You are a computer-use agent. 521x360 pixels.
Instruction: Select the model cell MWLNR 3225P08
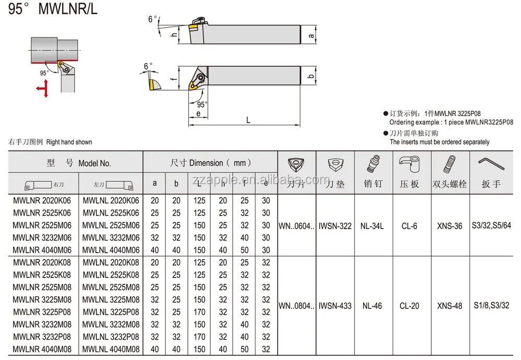pyautogui.click(x=42, y=312)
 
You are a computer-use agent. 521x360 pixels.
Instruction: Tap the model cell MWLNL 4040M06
pyautogui.click(x=111, y=250)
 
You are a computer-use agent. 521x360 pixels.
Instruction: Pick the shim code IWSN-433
pyautogui.click(x=335, y=306)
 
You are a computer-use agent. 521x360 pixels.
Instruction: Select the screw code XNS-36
pyautogui.click(x=450, y=226)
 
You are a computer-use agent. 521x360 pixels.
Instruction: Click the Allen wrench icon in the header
pyautogui.click(x=491, y=164)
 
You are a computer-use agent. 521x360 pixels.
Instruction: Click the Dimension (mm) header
pyautogui.click(x=211, y=163)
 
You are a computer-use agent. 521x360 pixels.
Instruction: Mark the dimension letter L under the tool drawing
pyautogui.click(x=248, y=120)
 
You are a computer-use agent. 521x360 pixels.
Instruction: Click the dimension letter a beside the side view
pyautogui.click(x=311, y=35)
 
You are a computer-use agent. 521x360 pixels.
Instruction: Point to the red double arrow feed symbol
pyautogui.click(x=43, y=89)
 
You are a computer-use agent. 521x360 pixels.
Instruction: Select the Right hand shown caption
pyautogui.click(x=69, y=142)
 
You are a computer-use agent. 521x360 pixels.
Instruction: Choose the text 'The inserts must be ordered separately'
pyautogui.click(x=440, y=142)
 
